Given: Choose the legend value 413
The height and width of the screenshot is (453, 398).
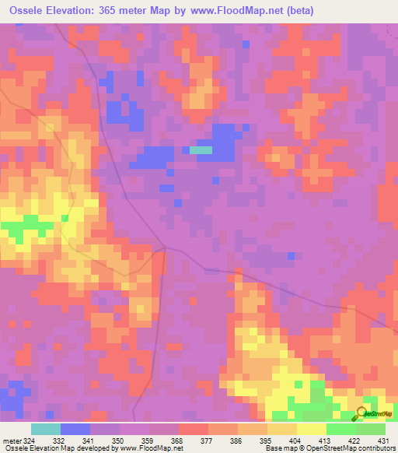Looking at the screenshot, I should click(x=327, y=441).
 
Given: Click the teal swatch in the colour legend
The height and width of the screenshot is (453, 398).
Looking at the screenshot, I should click(x=45, y=429).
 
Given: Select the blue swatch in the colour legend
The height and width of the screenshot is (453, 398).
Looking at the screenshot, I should click(x=75, y=429).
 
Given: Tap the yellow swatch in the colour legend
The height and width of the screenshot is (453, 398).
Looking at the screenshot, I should click(x=311, y=429).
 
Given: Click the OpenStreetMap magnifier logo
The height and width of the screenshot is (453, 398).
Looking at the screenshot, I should click(x=364, y=413).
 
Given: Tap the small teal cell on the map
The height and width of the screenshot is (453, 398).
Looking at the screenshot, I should click(x=201, y=150).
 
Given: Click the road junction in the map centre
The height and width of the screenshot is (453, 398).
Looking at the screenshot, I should click(x=165, y=248).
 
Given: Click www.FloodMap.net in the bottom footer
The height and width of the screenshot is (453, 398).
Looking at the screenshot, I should click(x=148, y=448).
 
